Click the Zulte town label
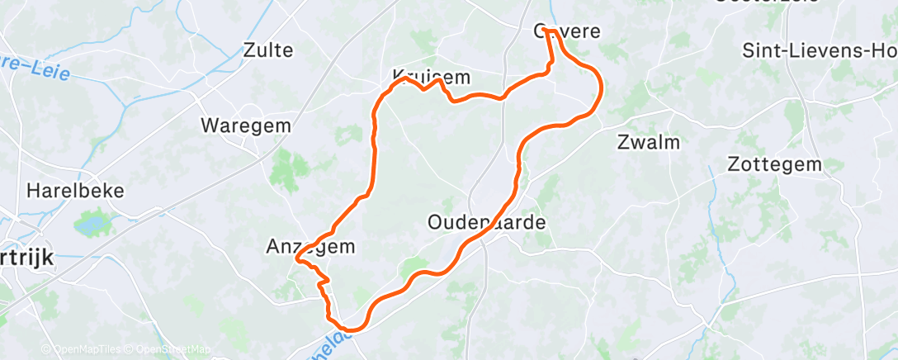tap(268, 50)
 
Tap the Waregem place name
tap(234, 126)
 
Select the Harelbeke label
tap(75, 191)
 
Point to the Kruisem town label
tap(431, 78)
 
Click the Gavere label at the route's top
tap(567, 31)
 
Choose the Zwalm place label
tap(648, 142)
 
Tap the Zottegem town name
tap(774, 164)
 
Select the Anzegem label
tap(310, 246)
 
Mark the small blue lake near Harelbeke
tap(88, 223)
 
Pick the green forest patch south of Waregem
tap(284, 168)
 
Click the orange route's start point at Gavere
tap(546, 31)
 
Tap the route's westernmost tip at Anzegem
tap(296, 263)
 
